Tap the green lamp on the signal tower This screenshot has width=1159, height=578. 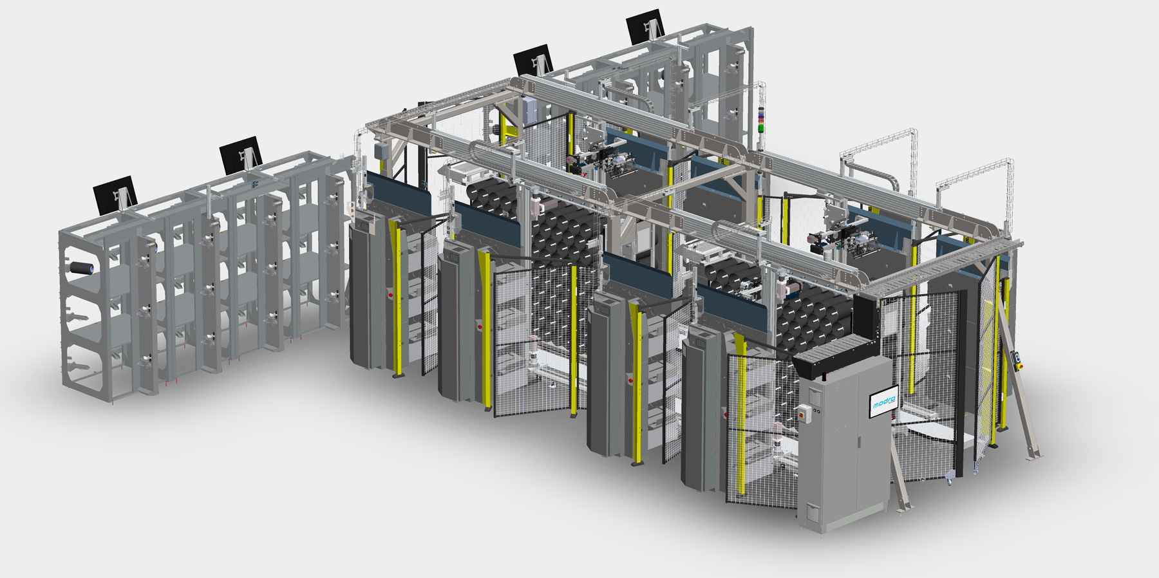pos(761,128)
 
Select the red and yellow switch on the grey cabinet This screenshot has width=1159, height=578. pos(804,411)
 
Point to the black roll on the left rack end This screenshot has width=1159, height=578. pos(82,268)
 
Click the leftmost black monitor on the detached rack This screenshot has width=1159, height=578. pos(115,194)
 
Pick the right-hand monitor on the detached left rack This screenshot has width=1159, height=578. pos(241,155)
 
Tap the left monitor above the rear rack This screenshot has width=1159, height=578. pos(533,60)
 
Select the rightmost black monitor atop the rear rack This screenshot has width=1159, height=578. pos(645,26)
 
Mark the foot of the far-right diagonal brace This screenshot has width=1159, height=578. pos(1035,456)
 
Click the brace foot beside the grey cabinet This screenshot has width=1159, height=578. pos(905,508)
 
